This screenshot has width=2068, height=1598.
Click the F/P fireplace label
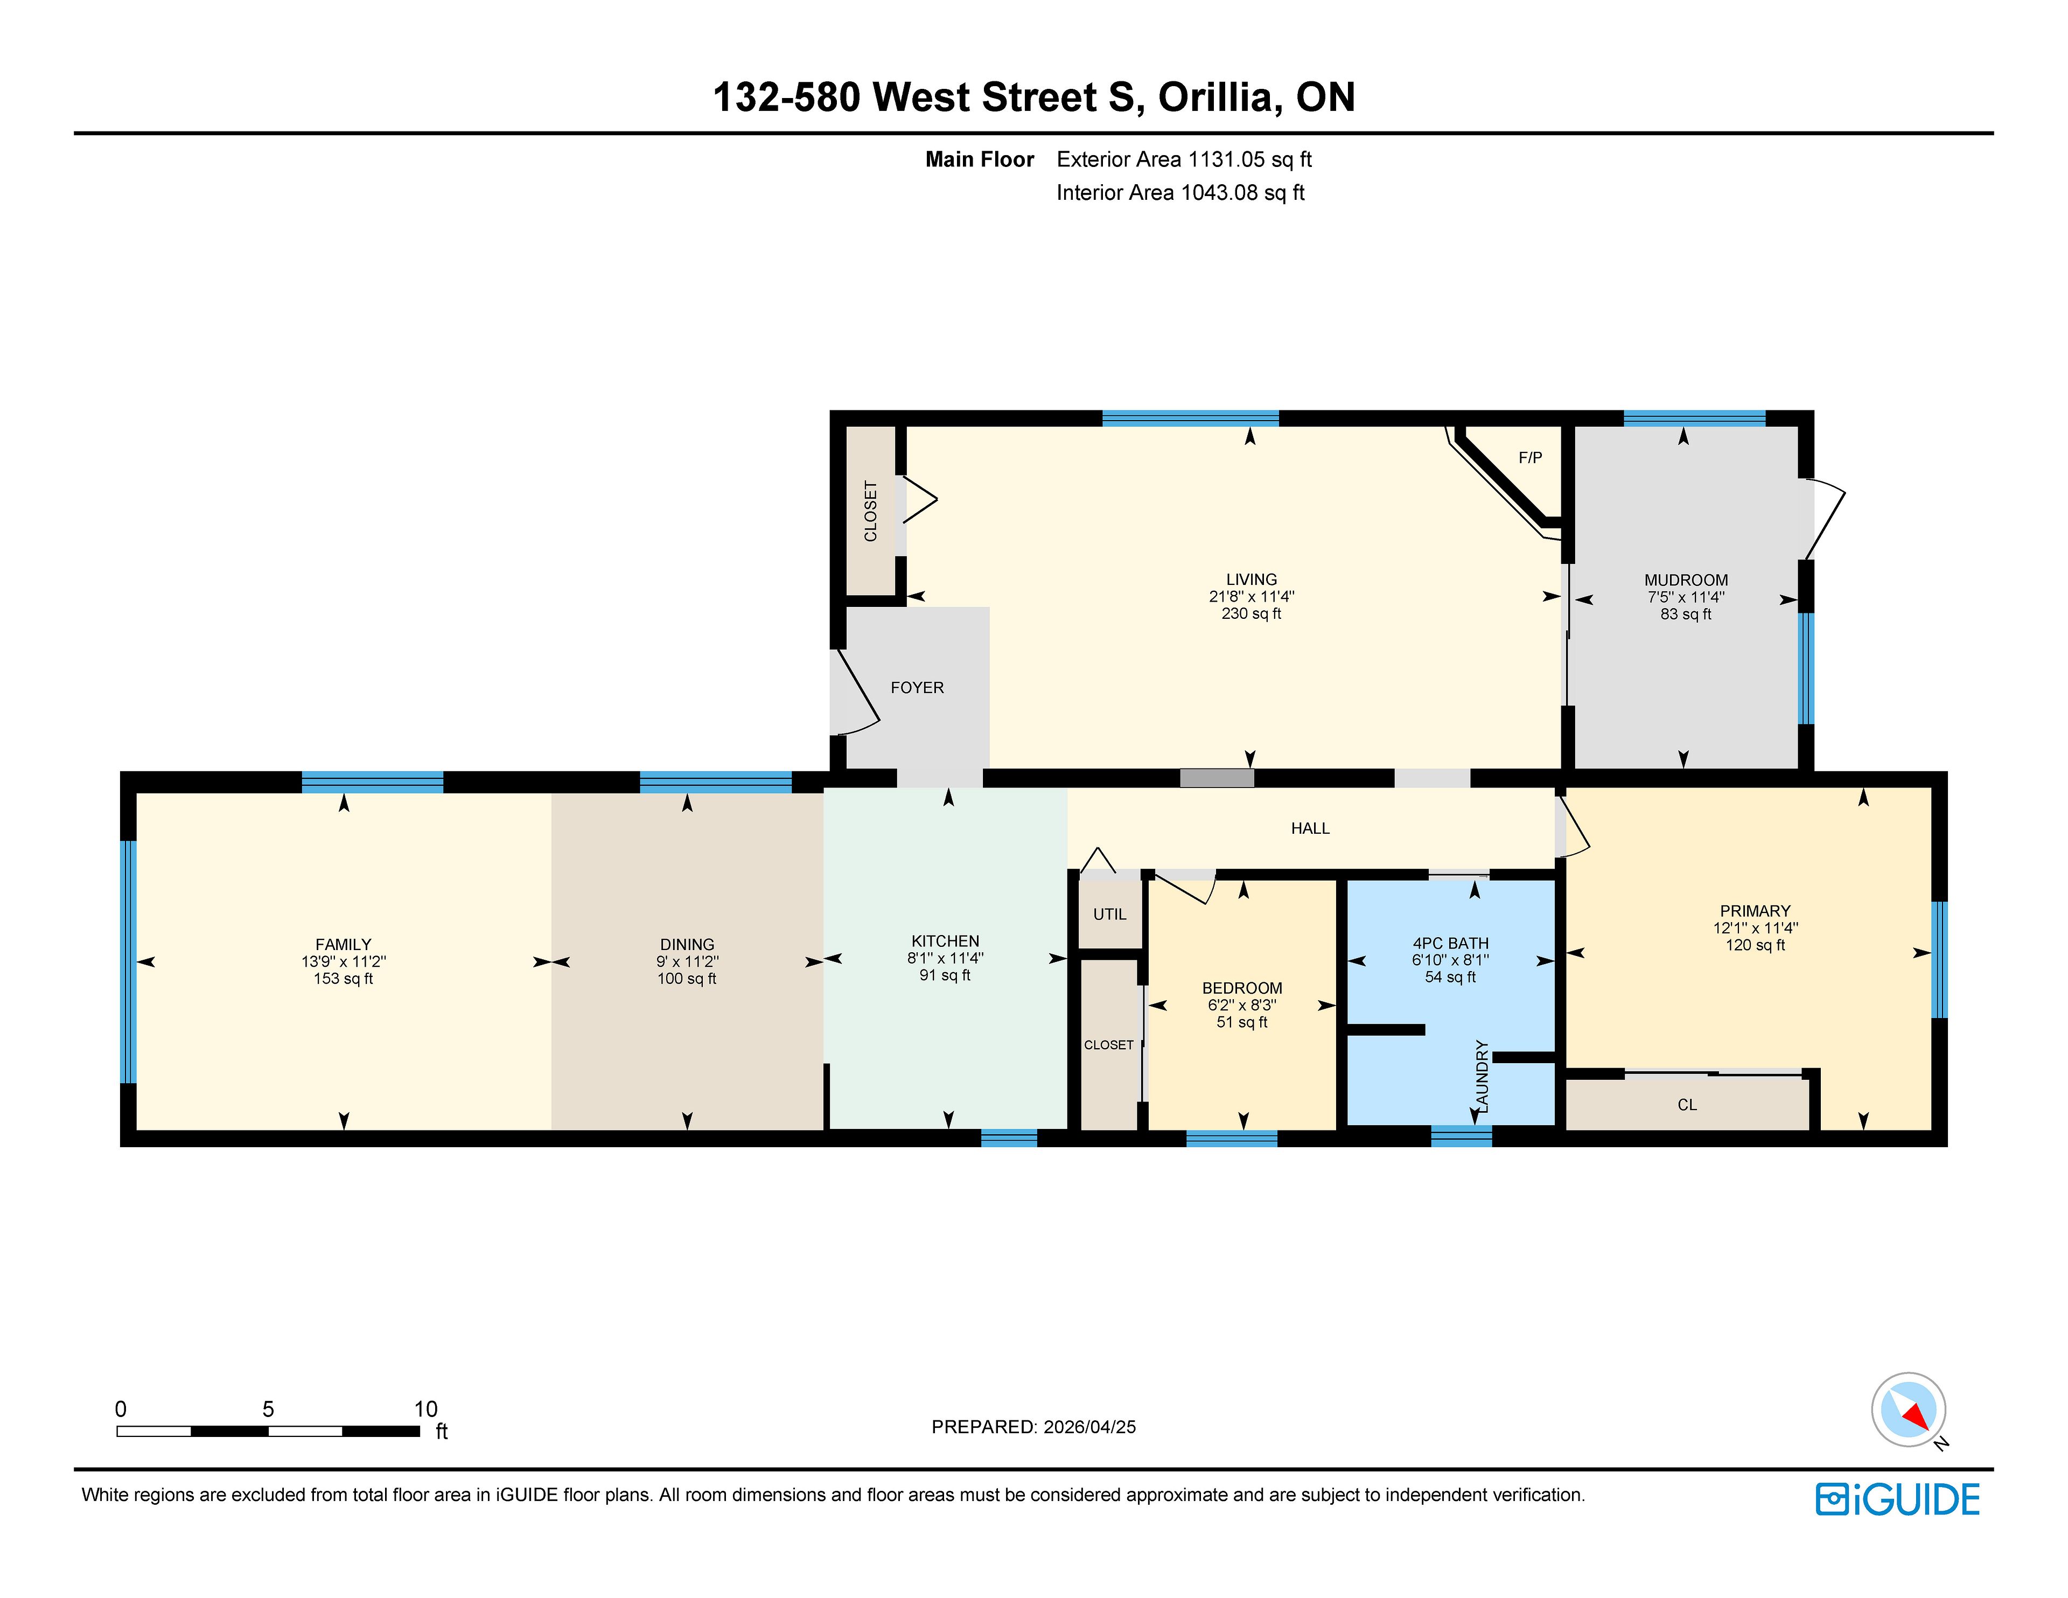coord(1530,457)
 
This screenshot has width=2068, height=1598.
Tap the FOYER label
coord(917,688)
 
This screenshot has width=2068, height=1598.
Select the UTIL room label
coord(1110,914)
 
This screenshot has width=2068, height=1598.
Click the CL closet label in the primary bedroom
coord(1687,1105)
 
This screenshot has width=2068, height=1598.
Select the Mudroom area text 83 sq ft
coord(1686,614)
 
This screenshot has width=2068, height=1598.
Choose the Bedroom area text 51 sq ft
coord(1241,1022)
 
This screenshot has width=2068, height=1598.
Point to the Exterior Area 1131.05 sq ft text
coord(1184,159)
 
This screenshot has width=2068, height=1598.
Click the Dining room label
coord(687,944)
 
